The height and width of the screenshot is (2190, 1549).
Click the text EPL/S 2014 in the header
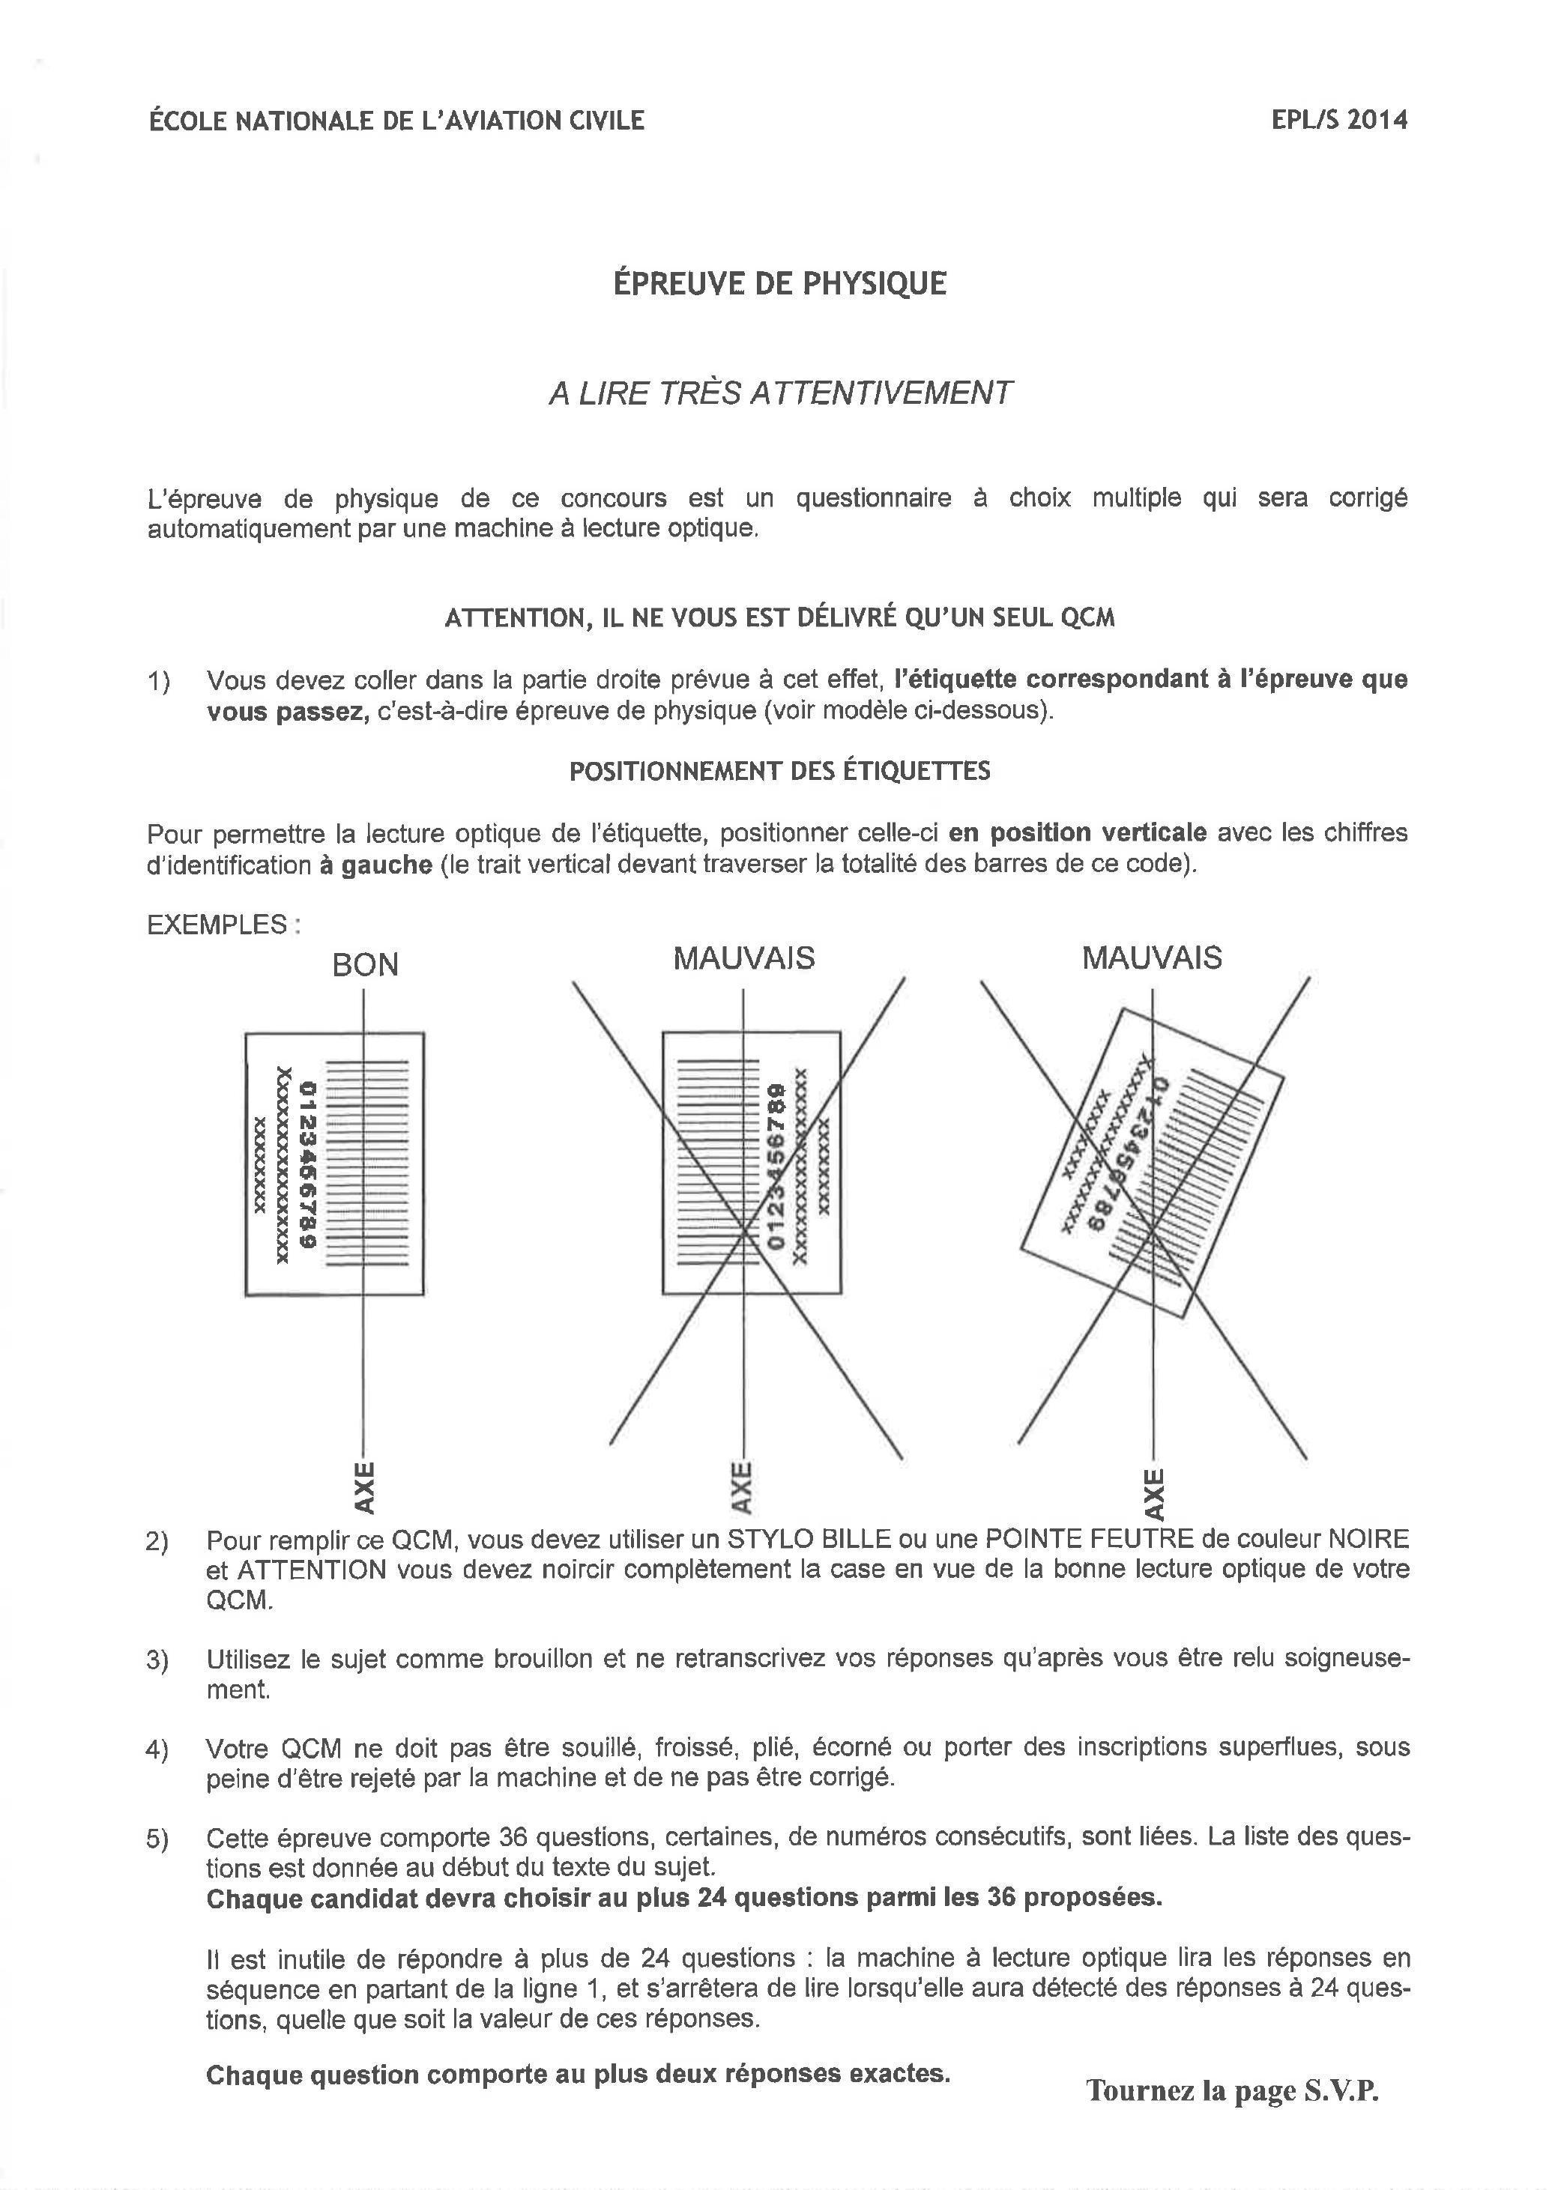tap(1339, 120)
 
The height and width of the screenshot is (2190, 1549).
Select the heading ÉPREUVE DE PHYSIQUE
tap(779, 283)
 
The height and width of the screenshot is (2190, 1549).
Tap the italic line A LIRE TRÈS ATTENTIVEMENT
tap(779, 393)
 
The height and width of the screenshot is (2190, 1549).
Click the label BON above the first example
tap(364, 965)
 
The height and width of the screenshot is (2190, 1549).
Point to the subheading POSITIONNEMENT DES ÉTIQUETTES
tap(779, 771)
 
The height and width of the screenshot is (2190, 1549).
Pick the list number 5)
tap(157, 1840)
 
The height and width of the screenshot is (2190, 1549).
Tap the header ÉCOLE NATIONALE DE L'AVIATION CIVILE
tap(396, 120)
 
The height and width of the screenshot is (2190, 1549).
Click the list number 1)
tap(157, 681)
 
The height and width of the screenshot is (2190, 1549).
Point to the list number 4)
tap(157, 1749)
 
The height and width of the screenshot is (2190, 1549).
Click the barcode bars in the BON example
tap(368, 1164)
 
